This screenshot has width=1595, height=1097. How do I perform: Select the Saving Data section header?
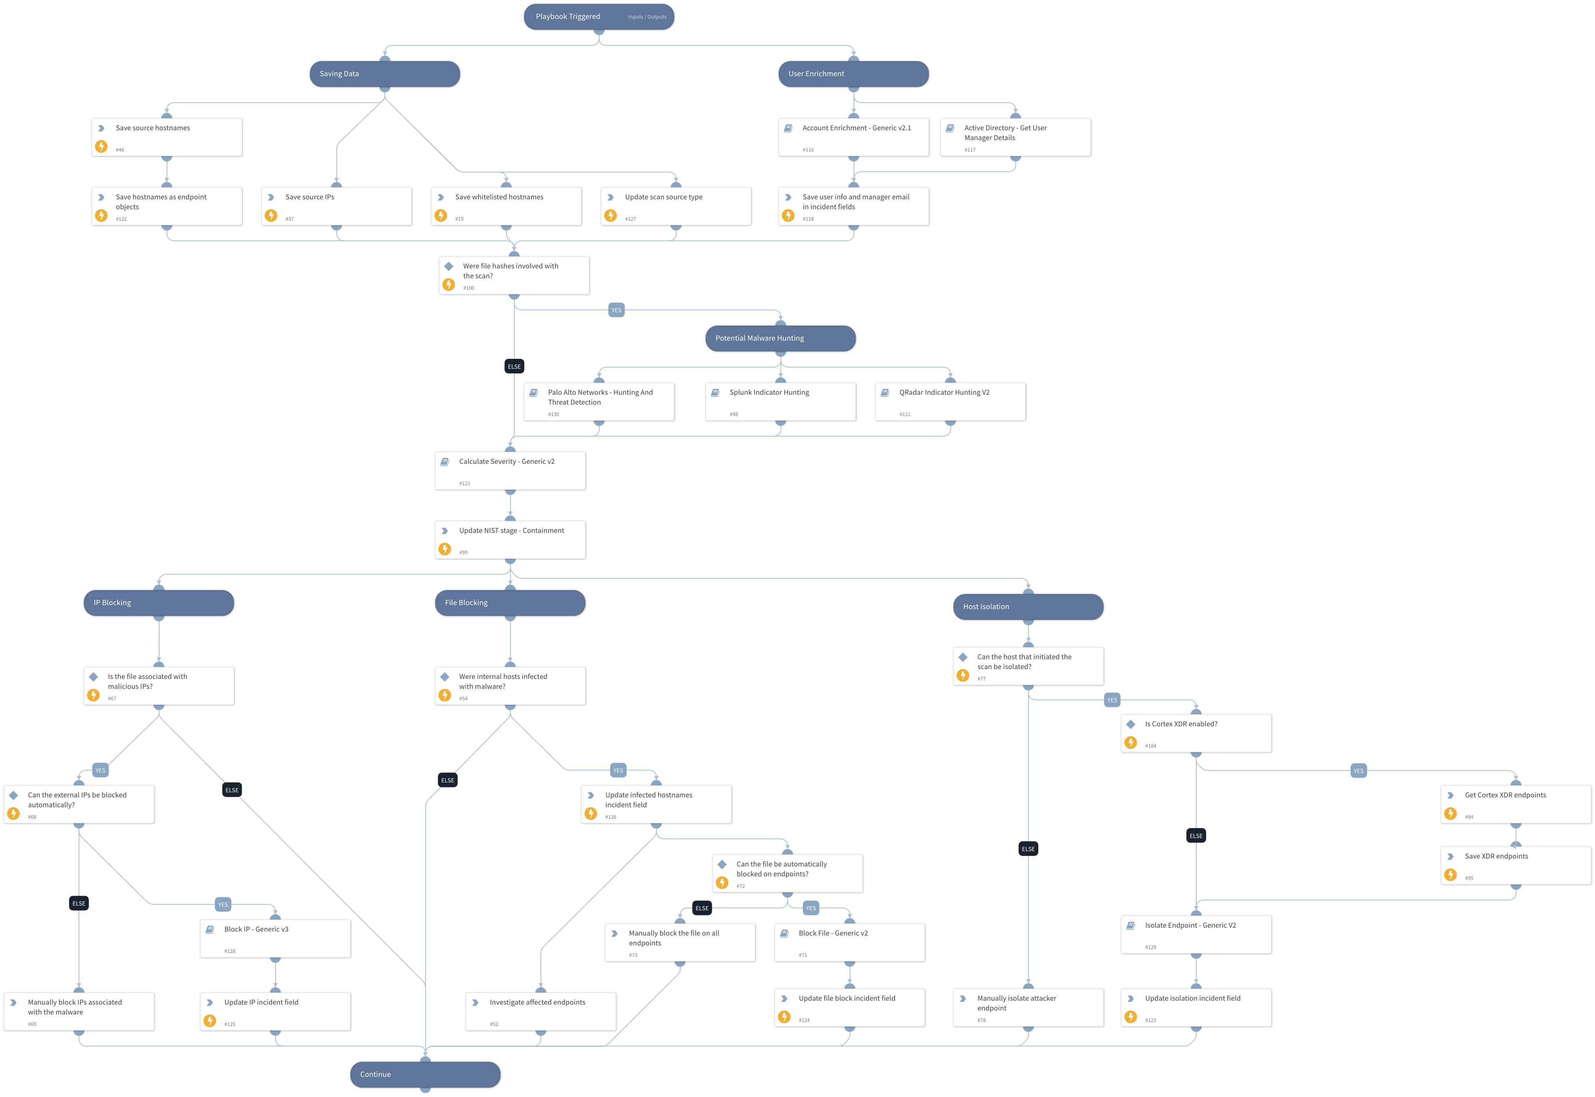coord(384,73)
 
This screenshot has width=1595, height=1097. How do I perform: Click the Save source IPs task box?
coord(336,206)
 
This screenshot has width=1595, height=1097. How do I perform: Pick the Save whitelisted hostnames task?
coord(506,206)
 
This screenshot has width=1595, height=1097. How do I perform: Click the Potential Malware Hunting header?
coord(780,338)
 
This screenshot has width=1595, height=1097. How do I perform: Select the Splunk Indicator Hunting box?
coord(780,401)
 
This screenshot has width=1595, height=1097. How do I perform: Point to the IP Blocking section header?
coord(158,603)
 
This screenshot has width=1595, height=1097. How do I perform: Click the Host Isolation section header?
coord(1027,607)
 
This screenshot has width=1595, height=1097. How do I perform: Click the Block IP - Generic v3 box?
coord(275,938)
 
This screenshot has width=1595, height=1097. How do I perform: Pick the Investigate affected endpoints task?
coord(540,1011)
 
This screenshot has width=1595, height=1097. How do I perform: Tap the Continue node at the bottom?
coord(425,1074)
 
